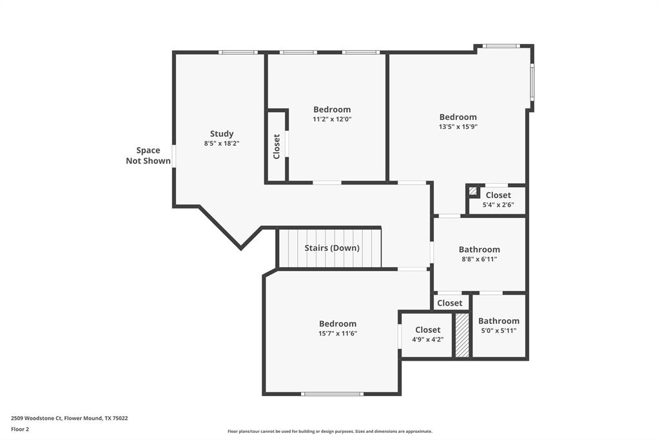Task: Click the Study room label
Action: [222, 134]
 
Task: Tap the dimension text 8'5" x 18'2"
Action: [222, 143]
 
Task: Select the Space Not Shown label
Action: [148, 155]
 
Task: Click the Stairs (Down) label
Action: [332, 248]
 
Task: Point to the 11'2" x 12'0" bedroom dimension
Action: [332, 119]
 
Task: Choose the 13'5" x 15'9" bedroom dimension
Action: [458, 126]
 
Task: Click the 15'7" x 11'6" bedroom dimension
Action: [337, 334]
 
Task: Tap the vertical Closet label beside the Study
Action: [277, 146]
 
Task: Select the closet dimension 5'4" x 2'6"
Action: [498, 205]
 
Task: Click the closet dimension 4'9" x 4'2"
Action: [427, 339]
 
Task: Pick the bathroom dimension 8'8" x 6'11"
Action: [479, 259]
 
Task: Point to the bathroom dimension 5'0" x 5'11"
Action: [498, 330]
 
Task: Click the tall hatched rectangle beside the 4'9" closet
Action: [462, 335]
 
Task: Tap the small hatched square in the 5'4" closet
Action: [473, 191]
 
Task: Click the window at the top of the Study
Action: [238, 52]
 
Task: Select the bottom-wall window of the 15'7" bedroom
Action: [332, 394]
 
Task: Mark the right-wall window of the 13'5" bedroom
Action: [532, 82]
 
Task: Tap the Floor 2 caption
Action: [20, 429]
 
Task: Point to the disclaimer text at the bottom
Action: [329, 432]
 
